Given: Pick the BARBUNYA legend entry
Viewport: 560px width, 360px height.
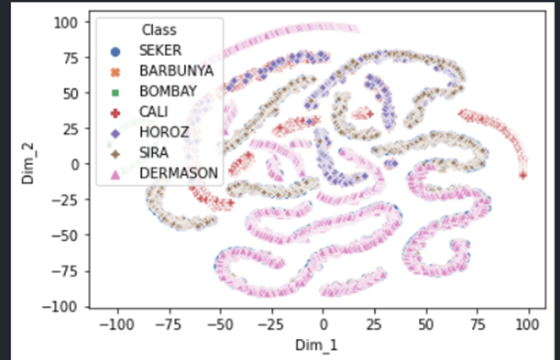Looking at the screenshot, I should click(x=171, y=71).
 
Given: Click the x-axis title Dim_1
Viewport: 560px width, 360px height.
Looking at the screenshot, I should click(x=324, y=344).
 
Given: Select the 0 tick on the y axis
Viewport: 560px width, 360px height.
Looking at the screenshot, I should click(x=75, y=163).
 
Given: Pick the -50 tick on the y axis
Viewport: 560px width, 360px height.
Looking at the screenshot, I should click(x=66, y=235).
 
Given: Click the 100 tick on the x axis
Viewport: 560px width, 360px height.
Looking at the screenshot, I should click(x=527, y=323).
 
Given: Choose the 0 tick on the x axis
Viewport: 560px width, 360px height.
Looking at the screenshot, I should click(x=324, y=323).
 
